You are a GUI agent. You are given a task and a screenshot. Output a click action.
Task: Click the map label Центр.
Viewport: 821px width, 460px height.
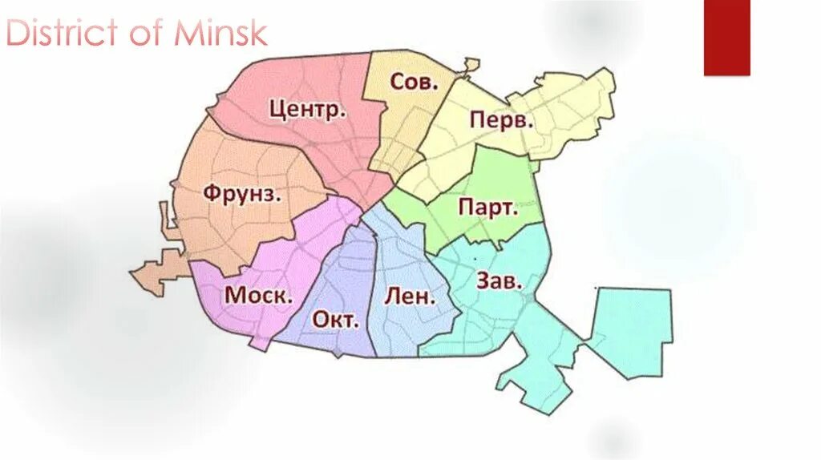pyautogui.click(x=308, y=109)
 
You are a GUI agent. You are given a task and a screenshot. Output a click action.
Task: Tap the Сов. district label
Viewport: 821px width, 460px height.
pyautogui.click(x=415, y=81)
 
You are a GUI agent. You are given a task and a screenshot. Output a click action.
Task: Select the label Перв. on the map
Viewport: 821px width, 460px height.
pyautogui.click(x=502, y=121)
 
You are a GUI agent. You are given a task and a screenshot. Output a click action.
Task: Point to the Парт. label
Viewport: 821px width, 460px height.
pyautogui.click(x=487, y=208)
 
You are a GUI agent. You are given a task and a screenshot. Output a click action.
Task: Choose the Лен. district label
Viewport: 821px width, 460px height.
pyautogui.click(x=410, y=296)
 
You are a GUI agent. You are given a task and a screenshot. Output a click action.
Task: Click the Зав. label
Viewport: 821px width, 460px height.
pyautogui.click(x=499, y=281)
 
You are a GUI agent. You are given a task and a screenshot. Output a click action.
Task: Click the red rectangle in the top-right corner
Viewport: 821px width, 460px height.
pyautogui.click(x=726, y=38)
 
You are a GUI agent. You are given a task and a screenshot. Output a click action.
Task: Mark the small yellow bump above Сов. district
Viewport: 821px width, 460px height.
pyautogui.click(x=471, y=65)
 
